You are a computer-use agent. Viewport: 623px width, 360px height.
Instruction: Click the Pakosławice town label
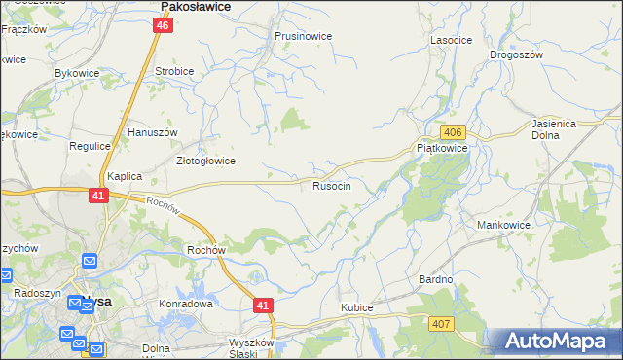(x=195, y=6)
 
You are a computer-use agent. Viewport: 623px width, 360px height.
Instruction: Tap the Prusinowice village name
(x=303, y=36)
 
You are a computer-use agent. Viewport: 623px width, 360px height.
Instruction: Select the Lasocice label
(x=451, y=41)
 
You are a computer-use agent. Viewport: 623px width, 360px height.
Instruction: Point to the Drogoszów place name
(x=516, y=55)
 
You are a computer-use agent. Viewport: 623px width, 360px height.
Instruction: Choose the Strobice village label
(x=174, y=72)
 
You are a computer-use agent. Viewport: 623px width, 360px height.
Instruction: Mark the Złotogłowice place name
(x=204, y=162)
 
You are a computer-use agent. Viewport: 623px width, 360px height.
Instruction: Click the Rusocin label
(x=332, y=185)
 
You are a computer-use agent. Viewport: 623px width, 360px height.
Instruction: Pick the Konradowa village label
(x=186, y=304)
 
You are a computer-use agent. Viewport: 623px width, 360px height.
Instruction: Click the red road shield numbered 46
(x=164, y=26)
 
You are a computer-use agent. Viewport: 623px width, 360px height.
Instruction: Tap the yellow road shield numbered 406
(x=452, y=131)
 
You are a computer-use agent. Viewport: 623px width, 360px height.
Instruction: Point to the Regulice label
(x=90, y=146)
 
